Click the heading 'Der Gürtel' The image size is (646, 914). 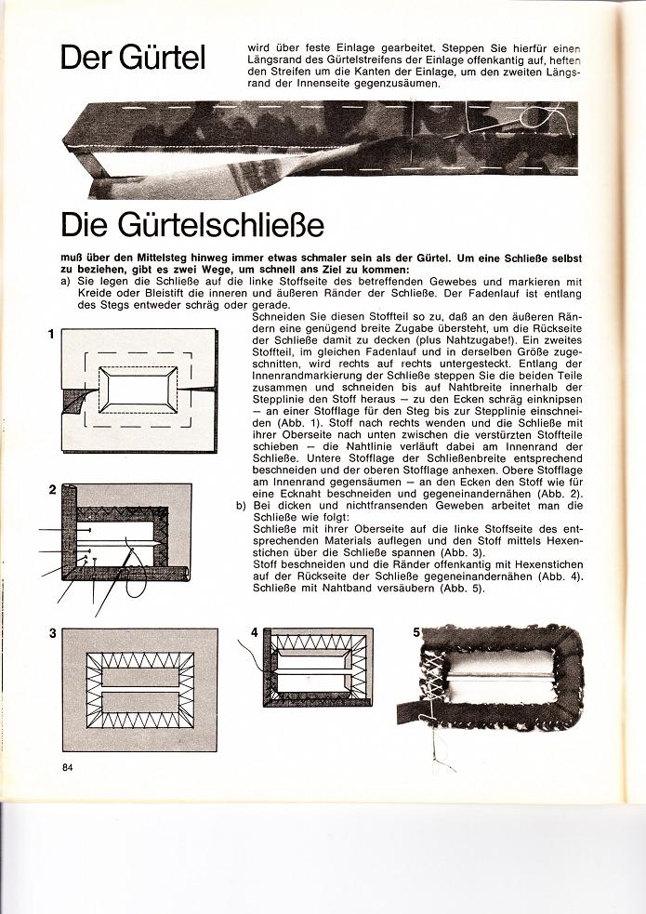(145, 59)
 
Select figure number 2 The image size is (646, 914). (52, 489)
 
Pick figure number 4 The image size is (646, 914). (255, 632)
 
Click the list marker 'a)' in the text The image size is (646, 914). (64, 280)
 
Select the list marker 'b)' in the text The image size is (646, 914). (241, 504)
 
